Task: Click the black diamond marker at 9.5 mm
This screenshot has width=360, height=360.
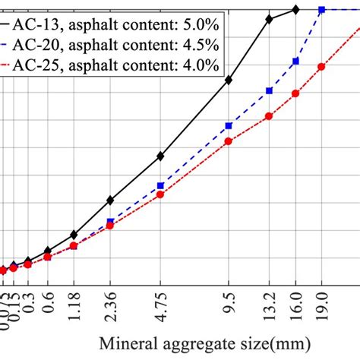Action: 229,79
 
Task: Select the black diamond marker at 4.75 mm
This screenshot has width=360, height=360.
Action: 160,156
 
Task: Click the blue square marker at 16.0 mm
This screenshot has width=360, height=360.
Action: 295,61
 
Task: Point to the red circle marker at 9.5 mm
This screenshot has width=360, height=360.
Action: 229,141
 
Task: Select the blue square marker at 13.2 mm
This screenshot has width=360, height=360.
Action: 269,90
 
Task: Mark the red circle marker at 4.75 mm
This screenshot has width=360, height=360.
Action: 160,194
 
